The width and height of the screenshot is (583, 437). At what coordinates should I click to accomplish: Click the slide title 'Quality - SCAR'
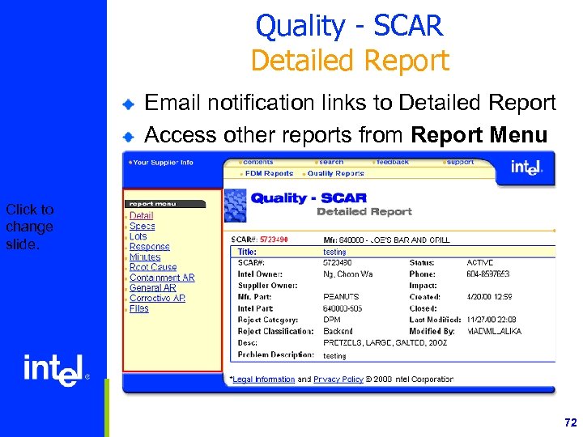[349, 26]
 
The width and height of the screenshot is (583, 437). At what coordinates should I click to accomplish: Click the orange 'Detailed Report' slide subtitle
[349, 61]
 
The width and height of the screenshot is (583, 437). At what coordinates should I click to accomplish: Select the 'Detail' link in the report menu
[141, 215]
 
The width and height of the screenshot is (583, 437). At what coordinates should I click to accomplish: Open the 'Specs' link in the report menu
[142, 226]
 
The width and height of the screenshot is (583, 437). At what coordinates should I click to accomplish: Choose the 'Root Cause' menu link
[152, 267]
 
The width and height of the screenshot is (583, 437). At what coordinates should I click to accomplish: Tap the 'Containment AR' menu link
[162, 278]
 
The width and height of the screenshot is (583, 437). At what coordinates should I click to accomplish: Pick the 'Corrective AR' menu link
[157, 298]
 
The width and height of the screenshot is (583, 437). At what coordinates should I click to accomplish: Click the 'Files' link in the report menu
[138, 308]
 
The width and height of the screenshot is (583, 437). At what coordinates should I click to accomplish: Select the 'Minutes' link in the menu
[145, 257]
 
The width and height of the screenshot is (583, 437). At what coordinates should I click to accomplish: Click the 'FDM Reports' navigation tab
[269, 173]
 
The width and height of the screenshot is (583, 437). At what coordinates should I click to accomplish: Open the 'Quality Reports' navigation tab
[335, 173]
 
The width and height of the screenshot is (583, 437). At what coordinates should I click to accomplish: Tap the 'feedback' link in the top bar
[392, 162]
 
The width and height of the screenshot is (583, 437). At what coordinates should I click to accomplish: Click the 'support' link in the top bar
[460, 162]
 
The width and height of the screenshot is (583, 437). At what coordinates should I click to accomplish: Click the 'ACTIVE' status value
[479, 263]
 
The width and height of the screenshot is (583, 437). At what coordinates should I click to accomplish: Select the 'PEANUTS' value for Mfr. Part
[340, 297]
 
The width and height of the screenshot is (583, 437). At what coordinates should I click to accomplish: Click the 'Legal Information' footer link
[263, 379]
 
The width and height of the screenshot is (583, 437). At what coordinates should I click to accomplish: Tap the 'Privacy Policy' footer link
[338, 379]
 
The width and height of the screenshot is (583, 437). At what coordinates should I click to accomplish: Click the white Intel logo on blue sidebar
[53, 370]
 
